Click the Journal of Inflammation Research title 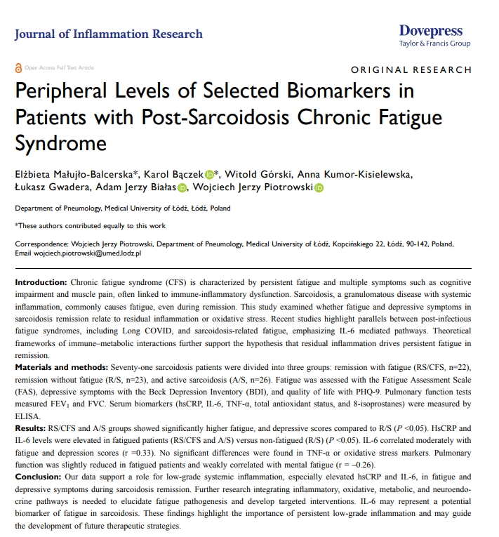click(109, 34)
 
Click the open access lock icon click(18, 68)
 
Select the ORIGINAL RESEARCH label click(411, 69)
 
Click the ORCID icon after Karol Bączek click(209, 174)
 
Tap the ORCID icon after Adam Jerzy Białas click(183, 187)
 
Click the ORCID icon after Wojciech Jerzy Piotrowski click(319, 187)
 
